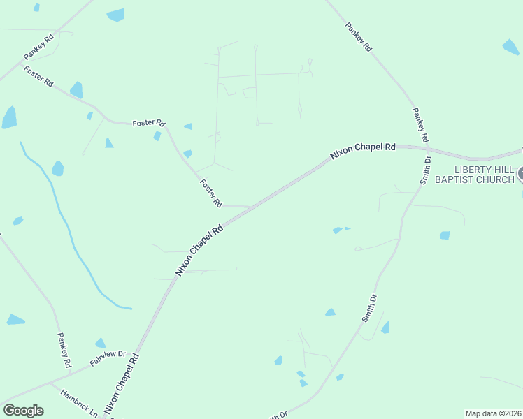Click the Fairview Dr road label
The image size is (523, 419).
(107, 359)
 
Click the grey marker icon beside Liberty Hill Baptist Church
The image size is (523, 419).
(519, 174)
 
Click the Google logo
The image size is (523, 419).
(23, 411)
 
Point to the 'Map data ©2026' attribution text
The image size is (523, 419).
(493, 413)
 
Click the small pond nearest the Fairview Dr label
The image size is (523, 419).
(100, 343)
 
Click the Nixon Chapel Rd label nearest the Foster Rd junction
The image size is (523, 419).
(199, 249)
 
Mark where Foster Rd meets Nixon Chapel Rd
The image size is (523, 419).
(250, 207)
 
